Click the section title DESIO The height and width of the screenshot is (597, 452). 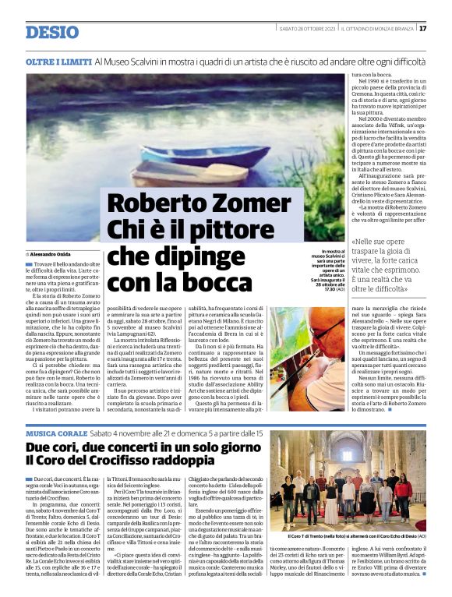point(52,32)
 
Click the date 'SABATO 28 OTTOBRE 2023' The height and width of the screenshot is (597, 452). point(307,29)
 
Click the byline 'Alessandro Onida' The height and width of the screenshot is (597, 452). point(55,255)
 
